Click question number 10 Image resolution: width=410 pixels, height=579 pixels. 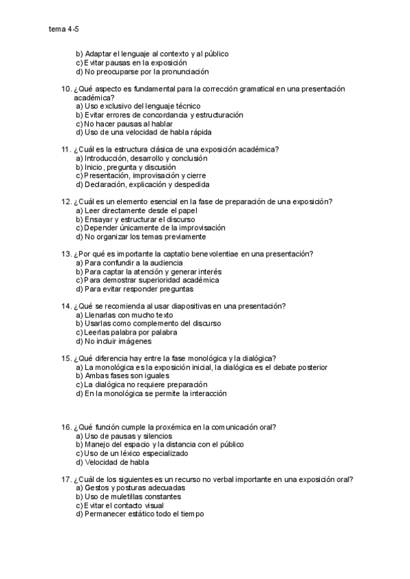[x=66, y=89]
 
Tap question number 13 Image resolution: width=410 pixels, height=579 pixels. [x=66, y=254]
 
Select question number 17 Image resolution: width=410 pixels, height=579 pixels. [x=66, y=480]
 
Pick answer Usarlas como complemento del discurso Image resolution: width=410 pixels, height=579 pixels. [x=144, y=324]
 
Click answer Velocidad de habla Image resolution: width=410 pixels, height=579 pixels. [x=110, y=462]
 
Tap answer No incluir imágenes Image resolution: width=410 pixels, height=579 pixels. [x=113, y=341]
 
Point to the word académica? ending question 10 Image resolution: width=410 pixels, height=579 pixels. [x=94, y=98]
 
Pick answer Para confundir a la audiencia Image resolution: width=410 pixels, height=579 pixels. [x=129, y=263]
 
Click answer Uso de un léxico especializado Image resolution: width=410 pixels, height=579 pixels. [x=133, y=453]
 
